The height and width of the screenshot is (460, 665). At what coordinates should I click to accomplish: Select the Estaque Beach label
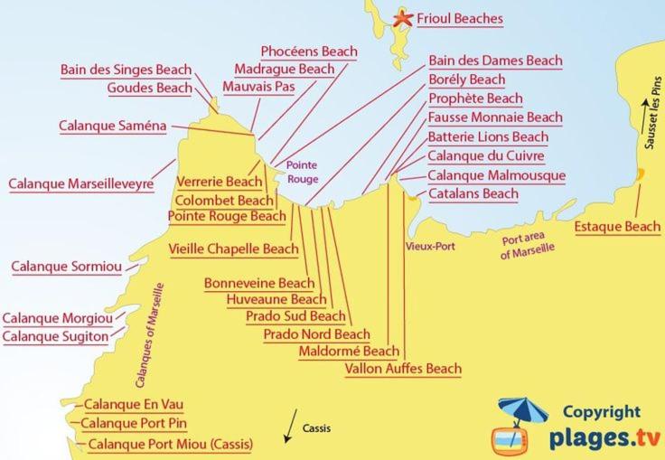[x=617, y=227]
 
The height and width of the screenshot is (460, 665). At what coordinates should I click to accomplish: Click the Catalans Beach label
[x=473, y=194]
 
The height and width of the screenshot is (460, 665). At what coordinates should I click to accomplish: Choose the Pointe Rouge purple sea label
[x=302, y=173]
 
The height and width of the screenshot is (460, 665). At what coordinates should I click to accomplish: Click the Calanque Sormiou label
[x=65, y=267]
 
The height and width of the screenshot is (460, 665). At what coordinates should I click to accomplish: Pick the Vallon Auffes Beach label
[x=403, y=369]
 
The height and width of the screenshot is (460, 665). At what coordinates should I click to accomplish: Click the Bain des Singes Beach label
[x=126, y=70]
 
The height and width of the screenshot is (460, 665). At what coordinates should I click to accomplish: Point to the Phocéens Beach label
[x=308, y=52]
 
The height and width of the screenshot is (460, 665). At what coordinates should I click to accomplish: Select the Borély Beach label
[x=466, y=80]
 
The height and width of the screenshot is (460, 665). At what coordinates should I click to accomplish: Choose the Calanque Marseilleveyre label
[x=80, y=183]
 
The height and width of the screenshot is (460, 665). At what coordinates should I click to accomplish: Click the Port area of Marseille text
[x=528, y=246]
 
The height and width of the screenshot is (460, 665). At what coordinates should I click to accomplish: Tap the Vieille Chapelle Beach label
[x=233, y=249]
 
